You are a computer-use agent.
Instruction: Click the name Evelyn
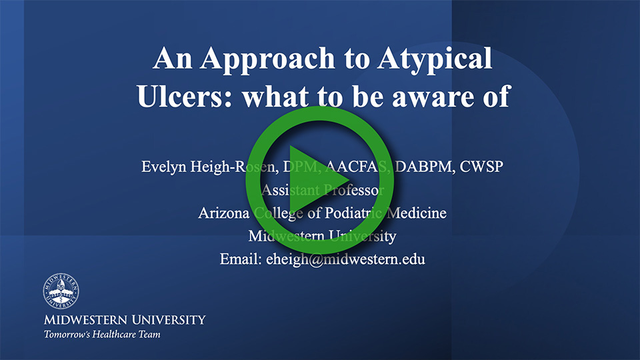[x=164, y=166]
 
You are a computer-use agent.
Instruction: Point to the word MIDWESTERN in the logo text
[x=85, y=319]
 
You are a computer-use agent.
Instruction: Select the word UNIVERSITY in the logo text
[x=167, y=319]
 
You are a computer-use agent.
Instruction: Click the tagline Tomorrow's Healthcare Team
[x=102, y=334]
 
